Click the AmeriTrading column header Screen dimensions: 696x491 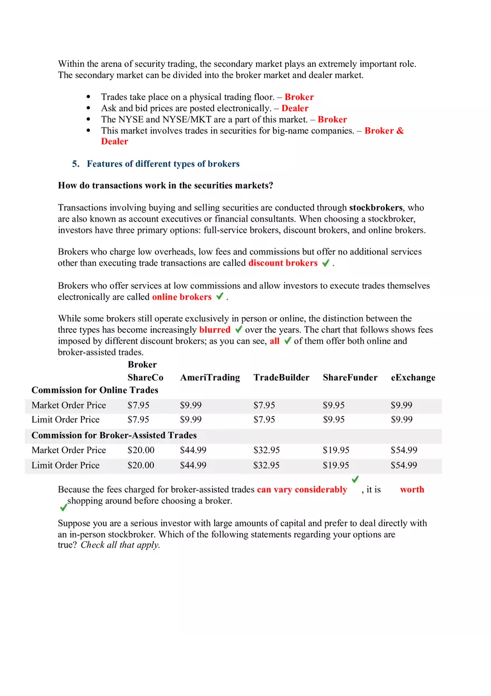pos(210,377)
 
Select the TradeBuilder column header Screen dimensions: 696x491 pos(281,377)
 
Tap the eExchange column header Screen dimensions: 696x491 pos(413,377)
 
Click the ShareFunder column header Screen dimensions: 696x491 pos(350,377)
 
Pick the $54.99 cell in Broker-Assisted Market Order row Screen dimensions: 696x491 pos(404,450)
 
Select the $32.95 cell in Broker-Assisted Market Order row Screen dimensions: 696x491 pos(267,450)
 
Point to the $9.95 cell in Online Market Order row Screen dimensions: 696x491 pos(334,405)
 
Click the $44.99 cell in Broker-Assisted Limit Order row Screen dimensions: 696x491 pos(193,465)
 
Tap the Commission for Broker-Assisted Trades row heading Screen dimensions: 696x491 pos(114,435)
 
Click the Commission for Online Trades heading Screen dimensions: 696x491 pos(95,390)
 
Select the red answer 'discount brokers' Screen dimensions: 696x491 pos(283,263)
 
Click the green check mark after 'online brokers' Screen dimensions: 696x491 pos(220,296)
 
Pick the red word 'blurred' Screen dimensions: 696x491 pos(215,330)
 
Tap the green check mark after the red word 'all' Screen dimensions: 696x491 pos(288,340)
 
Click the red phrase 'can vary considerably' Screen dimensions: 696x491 pos(302,489)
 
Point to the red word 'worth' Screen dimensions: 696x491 pos(412,489)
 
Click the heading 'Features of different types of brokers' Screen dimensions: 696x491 pos(163,164)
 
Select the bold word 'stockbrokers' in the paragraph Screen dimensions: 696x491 pos(376,208)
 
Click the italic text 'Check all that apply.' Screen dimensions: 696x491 pos(121,545)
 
